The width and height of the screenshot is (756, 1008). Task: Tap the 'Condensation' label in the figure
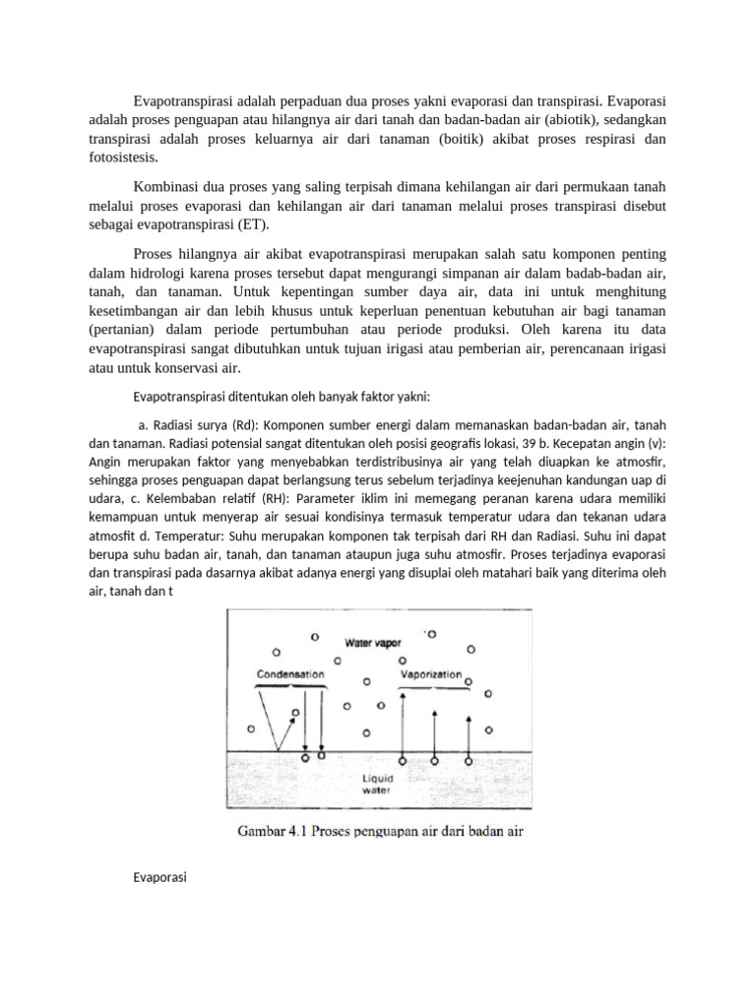[290, 675]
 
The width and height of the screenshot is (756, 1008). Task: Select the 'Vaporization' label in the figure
[432, 675]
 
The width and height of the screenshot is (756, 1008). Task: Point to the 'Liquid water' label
[377, 783]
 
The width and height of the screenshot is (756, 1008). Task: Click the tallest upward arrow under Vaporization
[404, 724]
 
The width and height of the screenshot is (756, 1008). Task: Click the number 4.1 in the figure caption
[302, 832]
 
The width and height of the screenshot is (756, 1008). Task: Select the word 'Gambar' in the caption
[264, 832]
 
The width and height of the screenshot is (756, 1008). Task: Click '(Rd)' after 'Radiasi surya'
[246, 425]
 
